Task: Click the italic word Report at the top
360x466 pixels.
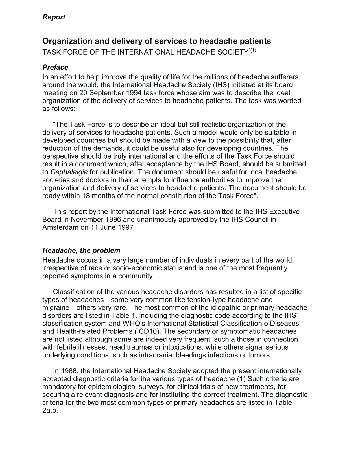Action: [x=54, y=17]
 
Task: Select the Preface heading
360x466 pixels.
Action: [x=55, y=67]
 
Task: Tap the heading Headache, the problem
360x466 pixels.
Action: [x=81, y=250]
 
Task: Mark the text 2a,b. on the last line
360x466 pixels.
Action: [x=50, y=411]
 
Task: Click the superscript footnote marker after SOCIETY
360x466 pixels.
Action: [x=252, y=51]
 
